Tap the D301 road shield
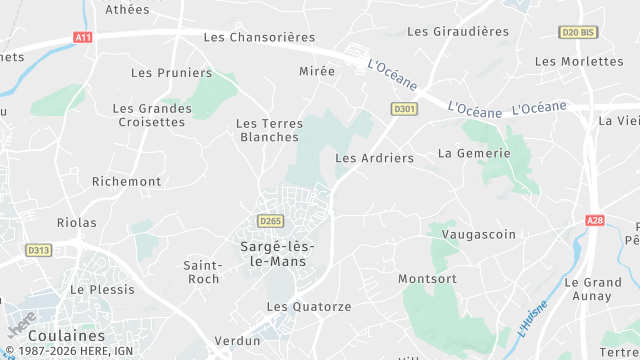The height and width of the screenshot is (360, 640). click(x=404, y=108)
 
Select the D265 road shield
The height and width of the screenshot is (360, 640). click(x=269, y=221)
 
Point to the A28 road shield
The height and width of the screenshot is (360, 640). click(x=597, y=220)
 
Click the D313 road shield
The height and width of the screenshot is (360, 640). click(x=39, y=250)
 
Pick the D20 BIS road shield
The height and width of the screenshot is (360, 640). click(x=577, y=32)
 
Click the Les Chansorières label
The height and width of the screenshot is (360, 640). click(x=259, y=37)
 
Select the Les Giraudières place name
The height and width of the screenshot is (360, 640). click(x=458, y=31)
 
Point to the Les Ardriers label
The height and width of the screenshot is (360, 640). click(x=374, y=158)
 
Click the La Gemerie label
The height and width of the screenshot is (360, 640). click(x=474, y=153)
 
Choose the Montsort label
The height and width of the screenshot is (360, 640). click(x=427, y=278)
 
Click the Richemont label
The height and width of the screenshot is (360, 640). click(x=126, y=181)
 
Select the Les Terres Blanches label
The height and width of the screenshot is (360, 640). click(x=269, y=130)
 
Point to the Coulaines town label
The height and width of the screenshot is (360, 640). click(x=66, y=336)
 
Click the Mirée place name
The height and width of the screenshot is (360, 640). click(x=317, y=71)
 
